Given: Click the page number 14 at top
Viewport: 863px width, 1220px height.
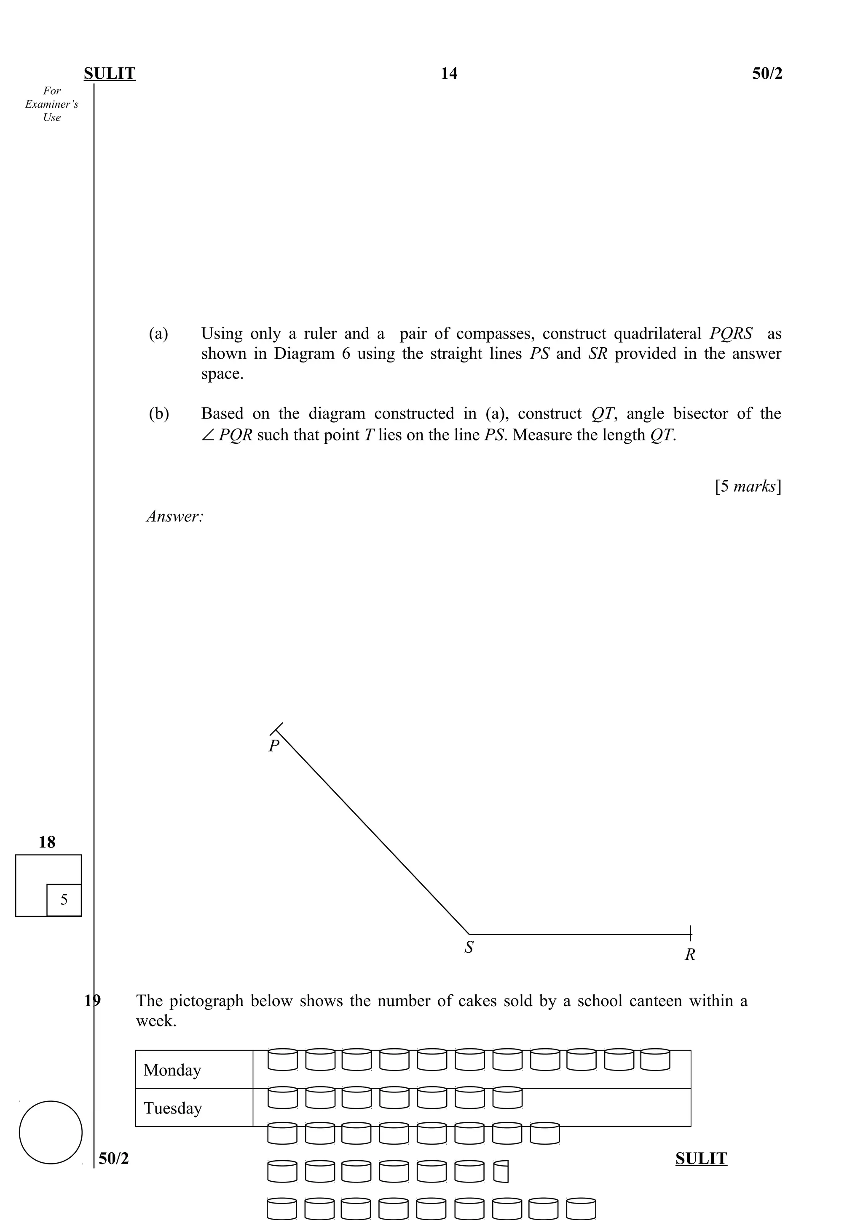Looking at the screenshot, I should click(448, 73).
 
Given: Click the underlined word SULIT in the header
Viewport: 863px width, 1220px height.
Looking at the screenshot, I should click(110, 73).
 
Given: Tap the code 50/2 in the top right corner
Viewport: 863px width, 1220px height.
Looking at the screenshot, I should click(767, 73).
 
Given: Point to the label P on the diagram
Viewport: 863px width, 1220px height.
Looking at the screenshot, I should click(273, 746).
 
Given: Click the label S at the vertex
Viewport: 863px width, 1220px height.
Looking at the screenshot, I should click(469, 947).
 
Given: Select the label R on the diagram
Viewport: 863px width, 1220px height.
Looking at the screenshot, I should click(690, 955).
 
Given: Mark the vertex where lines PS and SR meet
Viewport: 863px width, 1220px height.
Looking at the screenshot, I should click(469, 934).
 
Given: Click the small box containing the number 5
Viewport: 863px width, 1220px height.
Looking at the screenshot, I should click(64, 900).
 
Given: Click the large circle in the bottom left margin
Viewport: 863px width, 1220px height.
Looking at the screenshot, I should click(51, 1132).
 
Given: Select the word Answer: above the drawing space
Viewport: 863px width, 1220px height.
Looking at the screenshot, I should click(175, 516).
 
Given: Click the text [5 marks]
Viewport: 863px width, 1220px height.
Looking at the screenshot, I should click(748, 486).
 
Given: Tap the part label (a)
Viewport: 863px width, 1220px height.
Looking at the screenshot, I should click(158, 334).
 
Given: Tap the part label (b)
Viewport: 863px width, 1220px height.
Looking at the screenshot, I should click(158, 413).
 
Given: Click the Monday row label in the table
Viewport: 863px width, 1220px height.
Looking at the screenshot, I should click(172, 1070).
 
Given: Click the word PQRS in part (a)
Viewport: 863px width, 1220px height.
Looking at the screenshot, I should click(731, 334).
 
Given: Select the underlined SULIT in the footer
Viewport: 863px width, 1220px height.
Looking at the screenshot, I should click(701, 1159).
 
